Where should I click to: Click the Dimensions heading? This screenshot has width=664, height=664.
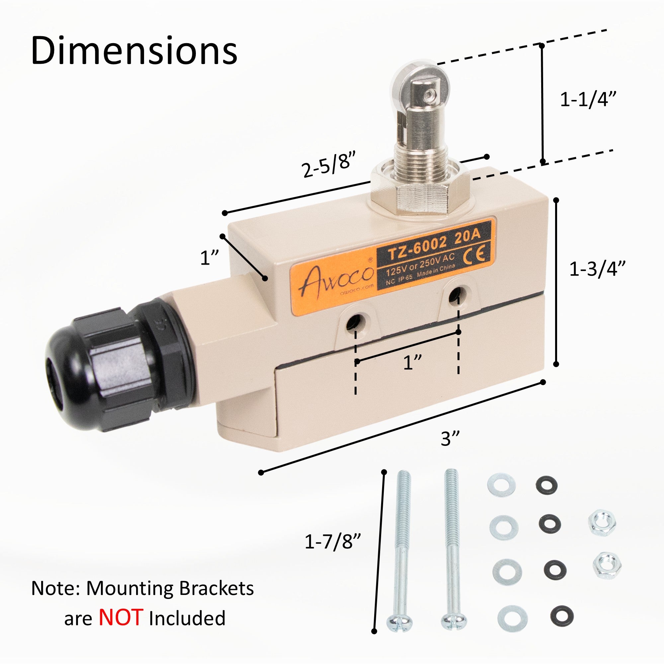click(x=134, y=50)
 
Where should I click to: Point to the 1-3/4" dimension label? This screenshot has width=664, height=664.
click(x=597, y=269)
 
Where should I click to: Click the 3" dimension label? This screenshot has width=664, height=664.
click(x=450, y=439)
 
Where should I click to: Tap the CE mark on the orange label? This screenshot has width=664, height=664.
click(x=476, y=255)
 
